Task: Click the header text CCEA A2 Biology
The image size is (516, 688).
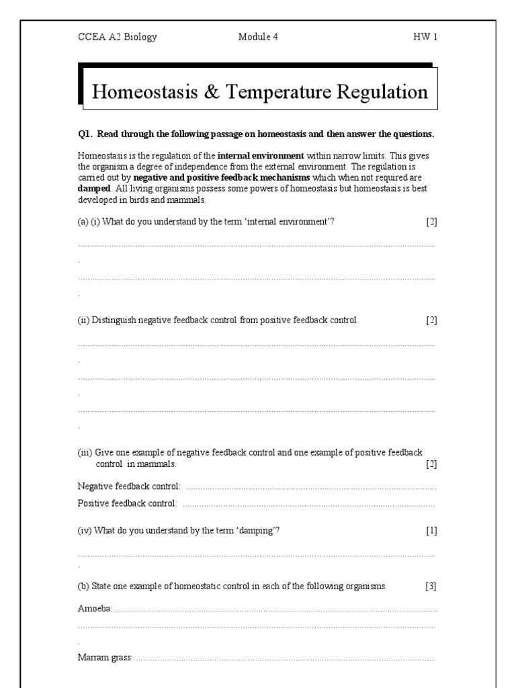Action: (x=117, y=37)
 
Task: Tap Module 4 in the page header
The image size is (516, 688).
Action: (x=257, y=37)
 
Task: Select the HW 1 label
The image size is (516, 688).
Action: (x=425, y=37)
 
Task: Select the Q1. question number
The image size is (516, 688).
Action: (x=85, y=134)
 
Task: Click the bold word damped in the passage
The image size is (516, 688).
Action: (x=93, y=189)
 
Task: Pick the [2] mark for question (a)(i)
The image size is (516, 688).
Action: (x=431, y=222)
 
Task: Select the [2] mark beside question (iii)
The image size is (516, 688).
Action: (x=431, y=464)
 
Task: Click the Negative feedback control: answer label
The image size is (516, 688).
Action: (x=129, y=486)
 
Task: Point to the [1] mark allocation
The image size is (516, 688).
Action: (x=431, y=531)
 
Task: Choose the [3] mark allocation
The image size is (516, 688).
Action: (x=431, y=586)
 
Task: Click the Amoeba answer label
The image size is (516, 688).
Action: (x=94, y=608)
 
